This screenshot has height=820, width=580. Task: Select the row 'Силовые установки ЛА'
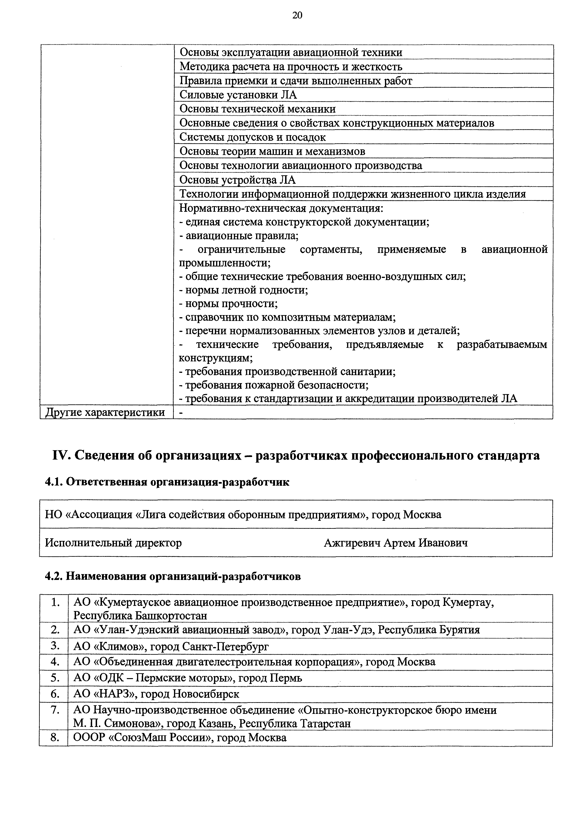[x=238, y=95]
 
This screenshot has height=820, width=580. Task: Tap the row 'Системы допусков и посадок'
[x=252, y=137]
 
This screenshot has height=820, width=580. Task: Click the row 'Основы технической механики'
[x=257, y=109]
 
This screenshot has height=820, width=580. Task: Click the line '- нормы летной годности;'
[x=244, y=290]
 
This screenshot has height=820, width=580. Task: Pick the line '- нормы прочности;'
[x=228, y=304]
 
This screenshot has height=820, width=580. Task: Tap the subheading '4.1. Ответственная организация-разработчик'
[x=167, y=482]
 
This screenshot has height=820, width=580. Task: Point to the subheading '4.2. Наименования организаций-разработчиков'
[x=173, y=576]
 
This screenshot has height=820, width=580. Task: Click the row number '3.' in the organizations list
[x=55, y=646]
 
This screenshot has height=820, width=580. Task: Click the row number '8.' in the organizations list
[x=55, y=738]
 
